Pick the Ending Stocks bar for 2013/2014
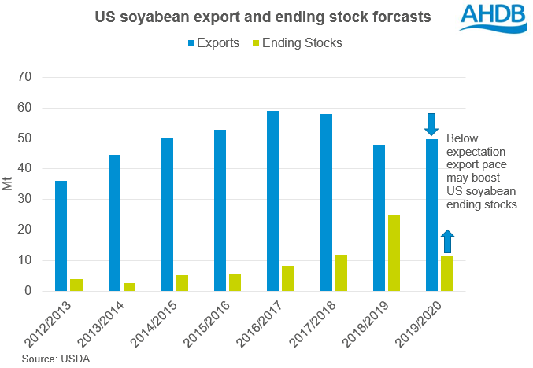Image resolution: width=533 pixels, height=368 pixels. pyautogui.click(x=129, y=287)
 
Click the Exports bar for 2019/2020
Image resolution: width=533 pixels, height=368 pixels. pyautogui.click(x=431, y=215)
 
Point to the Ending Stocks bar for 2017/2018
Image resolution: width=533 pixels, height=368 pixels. pyautogui.click(x=341, y=273)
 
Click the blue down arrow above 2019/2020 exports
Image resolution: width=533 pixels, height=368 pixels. pyautogui.click(x=431, y=124)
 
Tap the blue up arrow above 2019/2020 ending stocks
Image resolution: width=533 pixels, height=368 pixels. pyautogui.click(x=446, y=241)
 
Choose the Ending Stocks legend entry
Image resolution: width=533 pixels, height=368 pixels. pyautogui.click(x=298, y=43)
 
